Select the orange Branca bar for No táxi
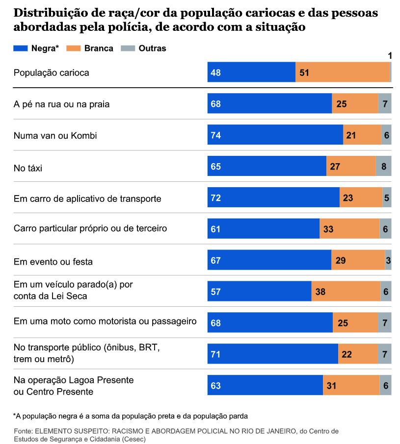click(351, 167)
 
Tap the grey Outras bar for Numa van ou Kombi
click(386, 135)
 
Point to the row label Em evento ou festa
click(53, 261)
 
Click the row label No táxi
click(28, 167)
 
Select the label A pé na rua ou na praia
click(62, 104)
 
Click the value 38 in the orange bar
click(320, 292)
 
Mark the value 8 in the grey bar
click(384, 167)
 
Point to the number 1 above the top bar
click(390, 56)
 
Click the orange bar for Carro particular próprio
click(349, 229)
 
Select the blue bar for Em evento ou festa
click(269, 260)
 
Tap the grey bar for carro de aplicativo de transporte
click(387, 198)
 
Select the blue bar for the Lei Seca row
click(259, 292)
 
